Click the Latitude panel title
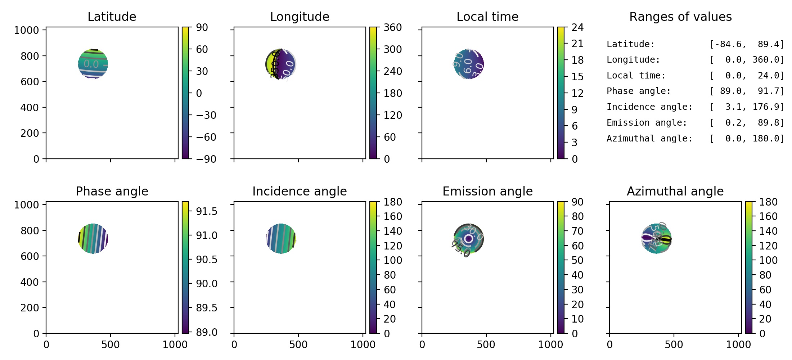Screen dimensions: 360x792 pyautogui.click(x=112, y=17)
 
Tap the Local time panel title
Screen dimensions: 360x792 pyautogui.click(x=487, y=17)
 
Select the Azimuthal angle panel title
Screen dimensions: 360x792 pyautogui.click(x=675, y=191)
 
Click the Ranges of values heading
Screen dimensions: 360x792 pyautogui.click(x=680, y=17)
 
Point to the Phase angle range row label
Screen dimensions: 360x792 pyautogui.click(x=639, y=91)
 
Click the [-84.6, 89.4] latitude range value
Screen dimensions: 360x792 pyautogui.click(x=747, y=44)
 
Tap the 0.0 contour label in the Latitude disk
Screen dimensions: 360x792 pyautogui.click(x=91, y=64)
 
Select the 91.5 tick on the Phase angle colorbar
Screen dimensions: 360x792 pyautogui.click(x=207, y=211)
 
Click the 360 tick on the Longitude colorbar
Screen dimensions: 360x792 pyautogui.click(x=392, y=27)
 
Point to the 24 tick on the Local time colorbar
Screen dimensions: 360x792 pyautogui.click(x=577, y=27)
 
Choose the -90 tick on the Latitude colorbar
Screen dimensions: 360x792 pyautogui.click(x=206, y=159)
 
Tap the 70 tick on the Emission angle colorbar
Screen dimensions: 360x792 pyautogui.click(x=577, y=231)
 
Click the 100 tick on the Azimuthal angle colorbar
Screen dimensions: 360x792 pyautogui.click(x=768, y=260)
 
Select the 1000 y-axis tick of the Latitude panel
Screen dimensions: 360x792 pyautogui.click(x=26, y=30)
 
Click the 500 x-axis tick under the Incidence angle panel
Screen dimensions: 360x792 pyautogui.click(x=298, y=345)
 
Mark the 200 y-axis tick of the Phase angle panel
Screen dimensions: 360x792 pyautogui.click(x=30, y=308)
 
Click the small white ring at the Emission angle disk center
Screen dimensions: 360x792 pyautogui.click(x=468, y=238)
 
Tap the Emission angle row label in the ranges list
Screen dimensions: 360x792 pyautogui.click(x=647, y=123)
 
